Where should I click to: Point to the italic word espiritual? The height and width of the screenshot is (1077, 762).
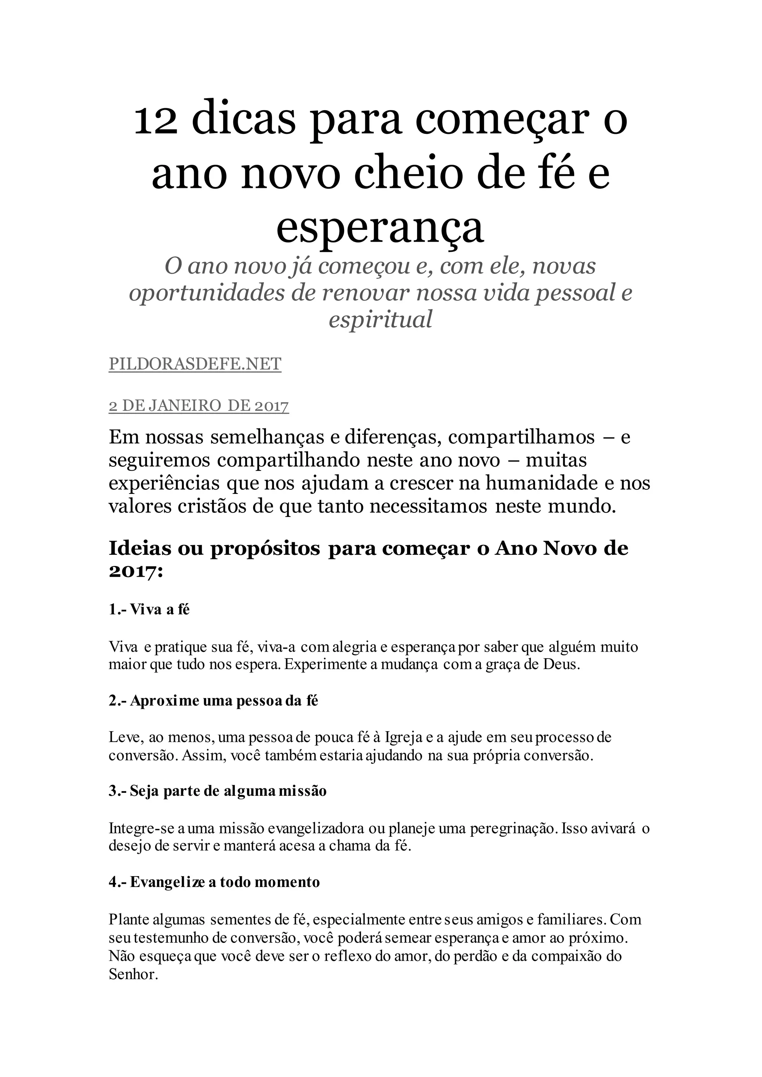(x=380, y=319)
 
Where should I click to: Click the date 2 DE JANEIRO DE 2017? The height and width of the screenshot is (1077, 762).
(x=198, y=406)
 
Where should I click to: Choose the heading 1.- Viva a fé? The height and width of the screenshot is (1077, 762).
(x=149, y=610)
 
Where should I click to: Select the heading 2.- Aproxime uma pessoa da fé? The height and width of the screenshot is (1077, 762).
(x=214, y=701)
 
